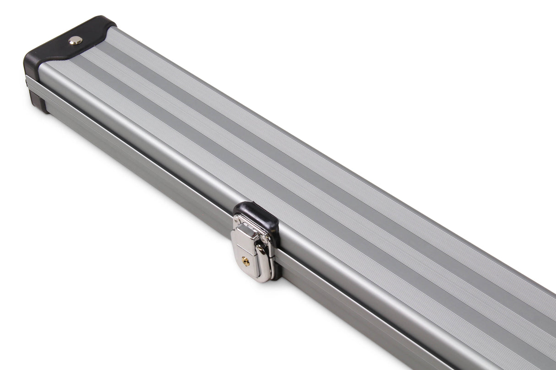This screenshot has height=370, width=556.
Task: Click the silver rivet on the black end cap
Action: [75, 40]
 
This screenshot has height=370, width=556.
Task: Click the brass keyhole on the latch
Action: [246, 261]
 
